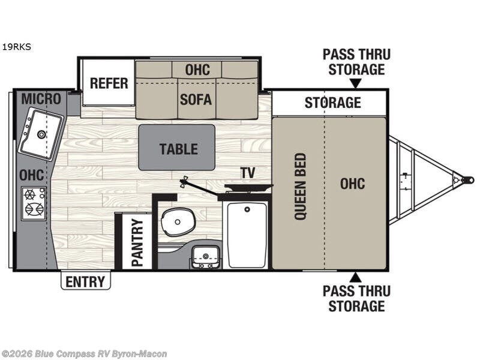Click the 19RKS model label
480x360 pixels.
17,47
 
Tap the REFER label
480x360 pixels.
109,83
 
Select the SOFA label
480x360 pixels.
196,100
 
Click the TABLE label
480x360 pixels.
179,149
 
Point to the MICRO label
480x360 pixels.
41,99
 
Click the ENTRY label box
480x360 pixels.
85,281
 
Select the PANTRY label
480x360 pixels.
137,242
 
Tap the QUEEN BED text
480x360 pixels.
301,187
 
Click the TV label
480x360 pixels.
248,173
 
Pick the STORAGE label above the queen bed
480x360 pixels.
333,102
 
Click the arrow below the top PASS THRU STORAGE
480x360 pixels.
356,83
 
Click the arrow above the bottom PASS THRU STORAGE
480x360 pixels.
356,278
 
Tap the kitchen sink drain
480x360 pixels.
41,134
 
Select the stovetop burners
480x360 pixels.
34,203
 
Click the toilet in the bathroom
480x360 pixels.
178,221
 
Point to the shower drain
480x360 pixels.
247,209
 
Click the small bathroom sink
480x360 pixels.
205,257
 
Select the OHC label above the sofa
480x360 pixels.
197,70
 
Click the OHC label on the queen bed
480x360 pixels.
352,184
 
